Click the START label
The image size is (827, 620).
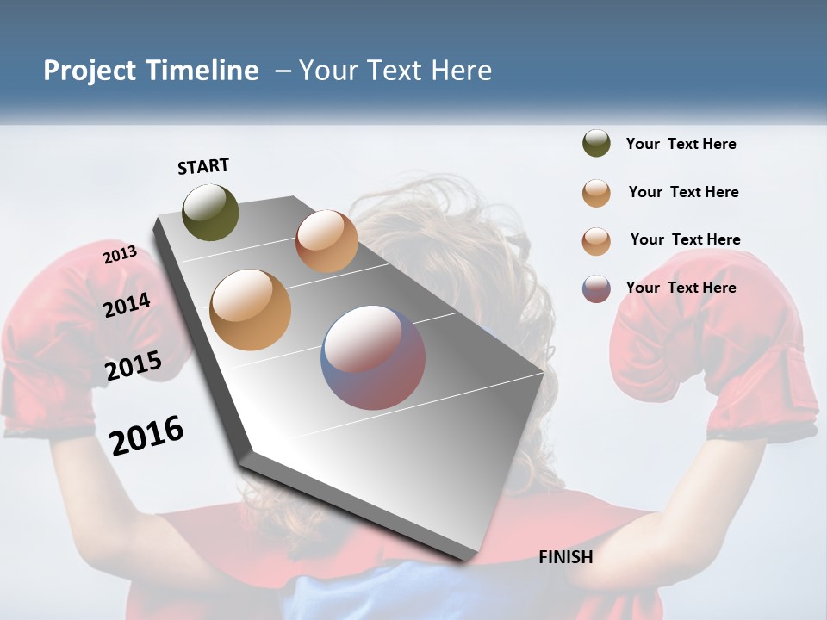coord(203,166)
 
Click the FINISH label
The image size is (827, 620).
coord(565,557)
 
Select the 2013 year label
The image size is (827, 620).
coord(120,255)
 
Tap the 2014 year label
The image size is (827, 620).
coord(127,305)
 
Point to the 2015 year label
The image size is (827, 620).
coord(133,366)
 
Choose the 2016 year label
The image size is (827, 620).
coord(146,435)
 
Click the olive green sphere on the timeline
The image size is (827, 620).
coord(210,212)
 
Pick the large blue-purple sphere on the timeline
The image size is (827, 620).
coord(373,357)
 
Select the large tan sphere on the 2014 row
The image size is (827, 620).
coord(250,310)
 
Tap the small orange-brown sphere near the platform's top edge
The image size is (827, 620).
coord(326,241)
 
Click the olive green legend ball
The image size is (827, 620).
coord(596,143)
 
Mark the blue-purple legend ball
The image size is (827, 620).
coord(596,288)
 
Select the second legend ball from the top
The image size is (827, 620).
coord(596,193)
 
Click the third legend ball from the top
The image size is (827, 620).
coord(596,241)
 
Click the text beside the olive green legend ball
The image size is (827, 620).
coord(681,144)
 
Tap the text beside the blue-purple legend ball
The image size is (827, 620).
coord(681,288)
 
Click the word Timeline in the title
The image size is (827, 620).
coord(202,71)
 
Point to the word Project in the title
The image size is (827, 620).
coord(90,71)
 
